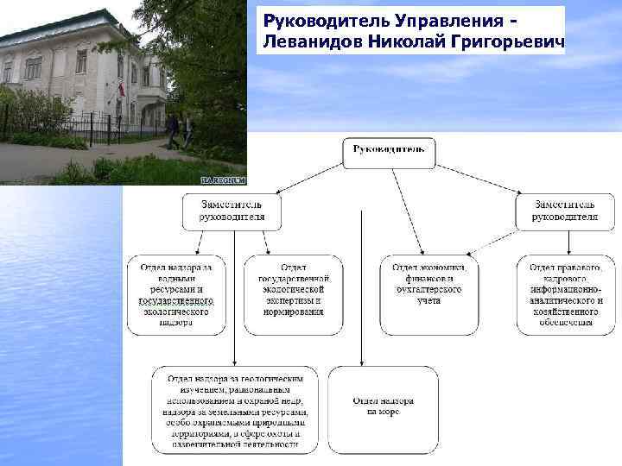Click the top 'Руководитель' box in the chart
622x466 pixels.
coord(389,151)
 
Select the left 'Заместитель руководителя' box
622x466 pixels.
coord(232,211)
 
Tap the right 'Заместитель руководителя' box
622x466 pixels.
coord(565,211)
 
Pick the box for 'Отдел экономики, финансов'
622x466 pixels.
coord(428,294)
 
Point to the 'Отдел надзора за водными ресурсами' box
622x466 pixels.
coord(176,294)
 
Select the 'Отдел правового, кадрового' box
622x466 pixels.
coord(565,294)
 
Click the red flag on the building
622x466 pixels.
coord(121,89)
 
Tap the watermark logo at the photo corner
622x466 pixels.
coord(223,179)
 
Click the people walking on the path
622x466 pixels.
coord(179,130)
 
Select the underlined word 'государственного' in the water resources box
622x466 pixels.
coord(176,301)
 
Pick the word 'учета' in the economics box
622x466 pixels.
coord(428,301)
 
